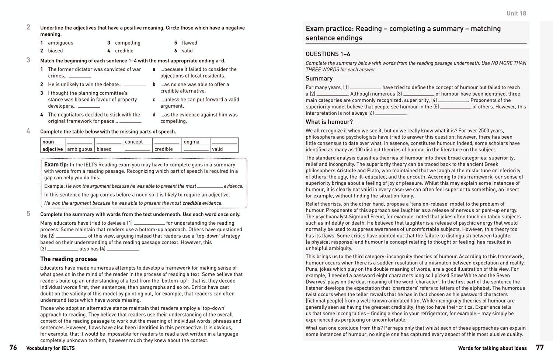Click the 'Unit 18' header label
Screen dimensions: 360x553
tap(516, 13)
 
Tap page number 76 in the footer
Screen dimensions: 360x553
tap(13, 347)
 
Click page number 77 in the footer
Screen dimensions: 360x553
tap(540, 347)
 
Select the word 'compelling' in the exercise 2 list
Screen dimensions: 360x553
tap(128, 43)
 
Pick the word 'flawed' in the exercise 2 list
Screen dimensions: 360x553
tap(189, 43)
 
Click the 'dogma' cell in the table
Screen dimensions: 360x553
tap(191, 142)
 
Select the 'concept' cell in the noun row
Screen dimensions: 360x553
tap(133, 142)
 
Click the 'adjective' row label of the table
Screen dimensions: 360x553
tap(52, 149)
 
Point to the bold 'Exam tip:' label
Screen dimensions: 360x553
tap(56, 165)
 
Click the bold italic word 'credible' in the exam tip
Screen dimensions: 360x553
tap(192, 203)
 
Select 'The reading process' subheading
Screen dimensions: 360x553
tap(69, 259)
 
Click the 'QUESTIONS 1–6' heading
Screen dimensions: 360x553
tap(328, 54)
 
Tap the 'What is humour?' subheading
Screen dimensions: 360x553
tap(329, 122)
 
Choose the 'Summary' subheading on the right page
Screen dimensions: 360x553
tap(319, 78)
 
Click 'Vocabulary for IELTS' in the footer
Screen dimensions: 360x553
tap(51, 348)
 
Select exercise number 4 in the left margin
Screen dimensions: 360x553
tap(28, 131)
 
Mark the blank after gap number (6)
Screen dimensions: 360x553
tap(391, 114)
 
